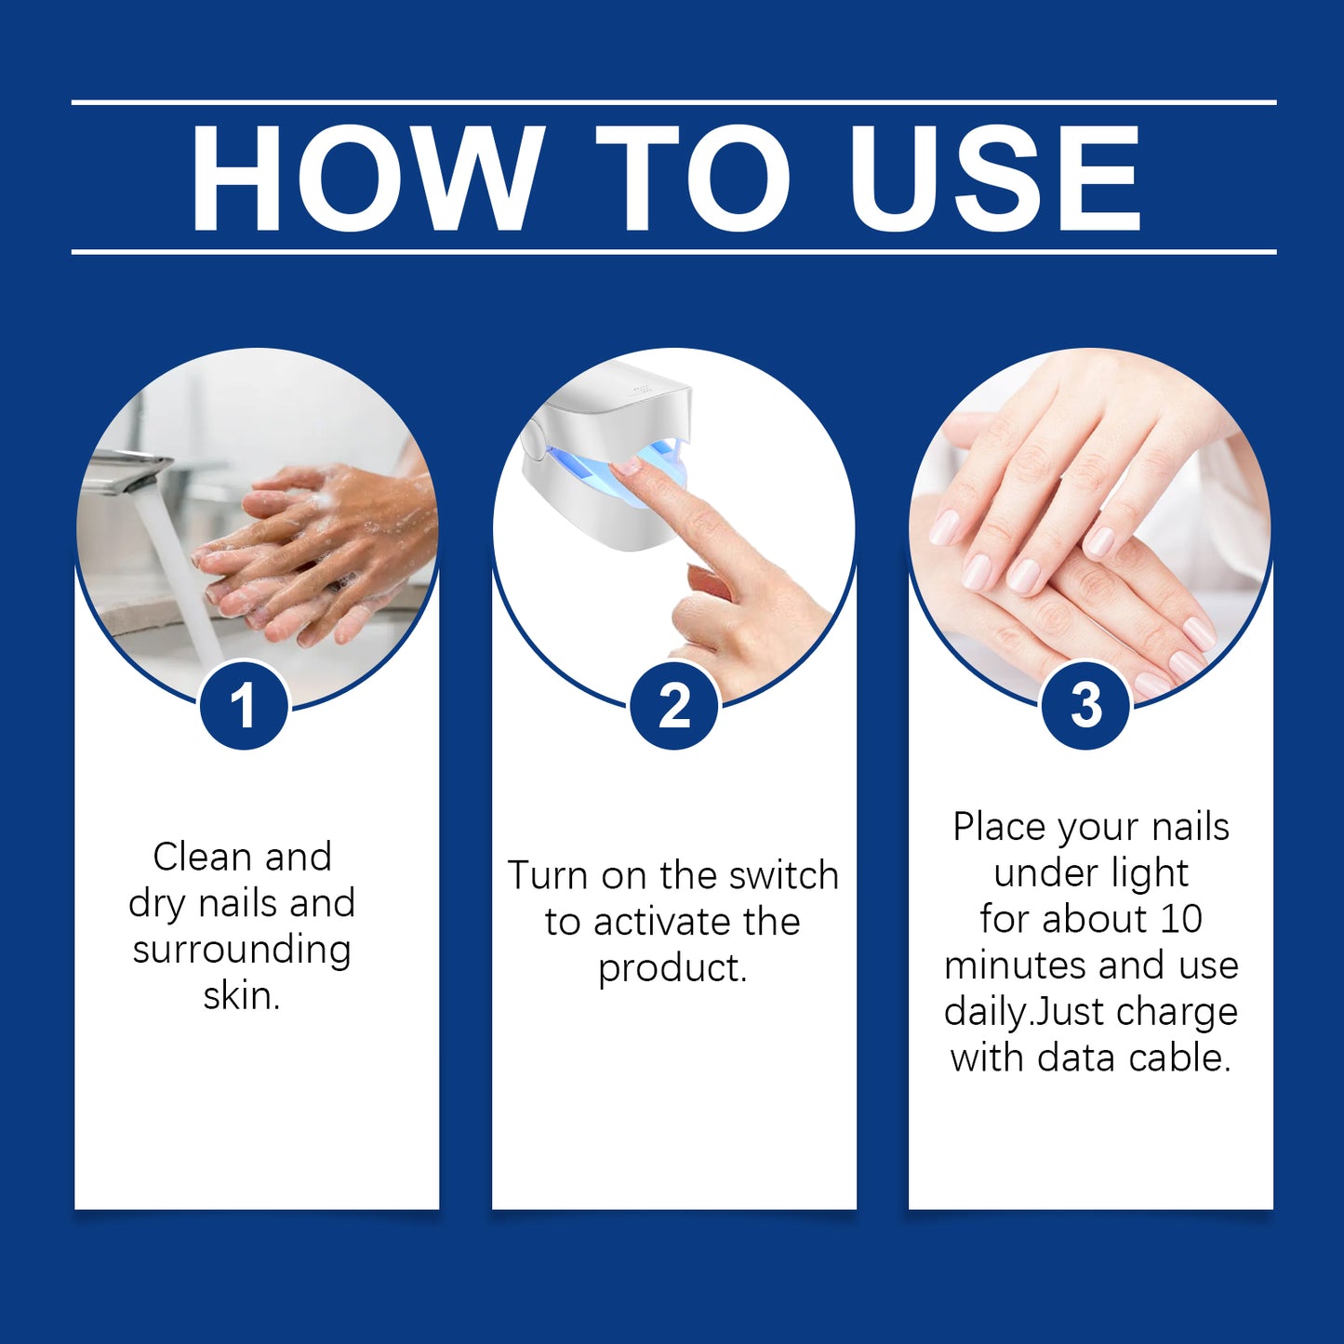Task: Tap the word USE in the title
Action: click(x=994, y=177)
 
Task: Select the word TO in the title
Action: click(x=692, y=177)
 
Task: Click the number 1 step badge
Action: click(x=244, y=705)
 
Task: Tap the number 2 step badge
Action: click(x=674, y=705)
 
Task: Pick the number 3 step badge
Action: click(x=1085, y=705)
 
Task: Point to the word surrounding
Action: click(x=242, y=950)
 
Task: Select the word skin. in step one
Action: click(x=242, y=996)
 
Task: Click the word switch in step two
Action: click(x=784, y=876)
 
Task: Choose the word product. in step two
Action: click(x=672, y=969)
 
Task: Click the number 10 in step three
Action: click(x=1180, y=919)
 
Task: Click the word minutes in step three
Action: click(x=1016, y=965)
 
